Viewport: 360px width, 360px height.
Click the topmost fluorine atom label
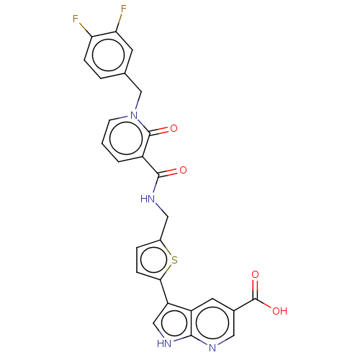point(124,9)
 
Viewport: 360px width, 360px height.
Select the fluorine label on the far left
point(76,19)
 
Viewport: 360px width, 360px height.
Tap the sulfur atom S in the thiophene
point(174,260)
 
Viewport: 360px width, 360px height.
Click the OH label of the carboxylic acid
point(280,311)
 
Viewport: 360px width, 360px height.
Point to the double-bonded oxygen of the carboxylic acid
point(255,274)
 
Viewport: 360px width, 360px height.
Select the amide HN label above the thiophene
point(148,199)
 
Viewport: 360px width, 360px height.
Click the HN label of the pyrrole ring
point(164,343)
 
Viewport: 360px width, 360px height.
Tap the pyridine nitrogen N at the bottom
point(212,348)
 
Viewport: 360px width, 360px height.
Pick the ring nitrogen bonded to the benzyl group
point(134,115)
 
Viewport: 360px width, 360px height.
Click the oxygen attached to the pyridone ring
point(174,128)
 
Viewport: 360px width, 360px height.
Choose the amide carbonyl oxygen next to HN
point(183,170)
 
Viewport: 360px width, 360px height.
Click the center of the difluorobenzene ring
point(108,55)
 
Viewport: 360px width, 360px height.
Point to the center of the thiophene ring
point(154,260)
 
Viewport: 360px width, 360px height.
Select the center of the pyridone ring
point(126,138)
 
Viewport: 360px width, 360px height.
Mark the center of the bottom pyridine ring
point(212,323)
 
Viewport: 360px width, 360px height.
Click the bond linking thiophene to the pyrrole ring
point(164,292)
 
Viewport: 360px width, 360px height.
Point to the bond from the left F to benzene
point(86,30)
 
